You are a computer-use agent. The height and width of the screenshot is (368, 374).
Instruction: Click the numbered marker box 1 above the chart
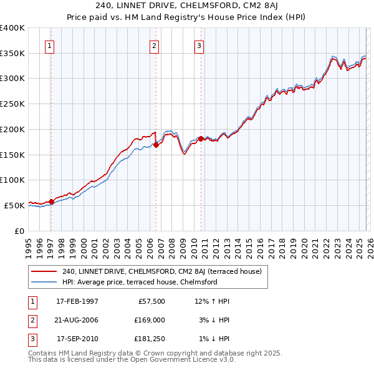point(49,45)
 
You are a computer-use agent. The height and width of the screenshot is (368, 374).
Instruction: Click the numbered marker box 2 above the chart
point(154,45)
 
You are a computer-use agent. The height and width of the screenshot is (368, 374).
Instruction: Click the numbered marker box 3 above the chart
point(199,45)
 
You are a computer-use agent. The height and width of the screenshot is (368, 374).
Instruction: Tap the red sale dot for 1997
point(51,201)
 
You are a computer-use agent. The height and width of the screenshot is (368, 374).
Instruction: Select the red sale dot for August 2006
point(156,145)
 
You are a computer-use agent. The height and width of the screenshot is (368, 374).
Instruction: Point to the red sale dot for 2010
point(201,138)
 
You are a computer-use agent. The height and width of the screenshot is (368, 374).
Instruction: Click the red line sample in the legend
point(44,271)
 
